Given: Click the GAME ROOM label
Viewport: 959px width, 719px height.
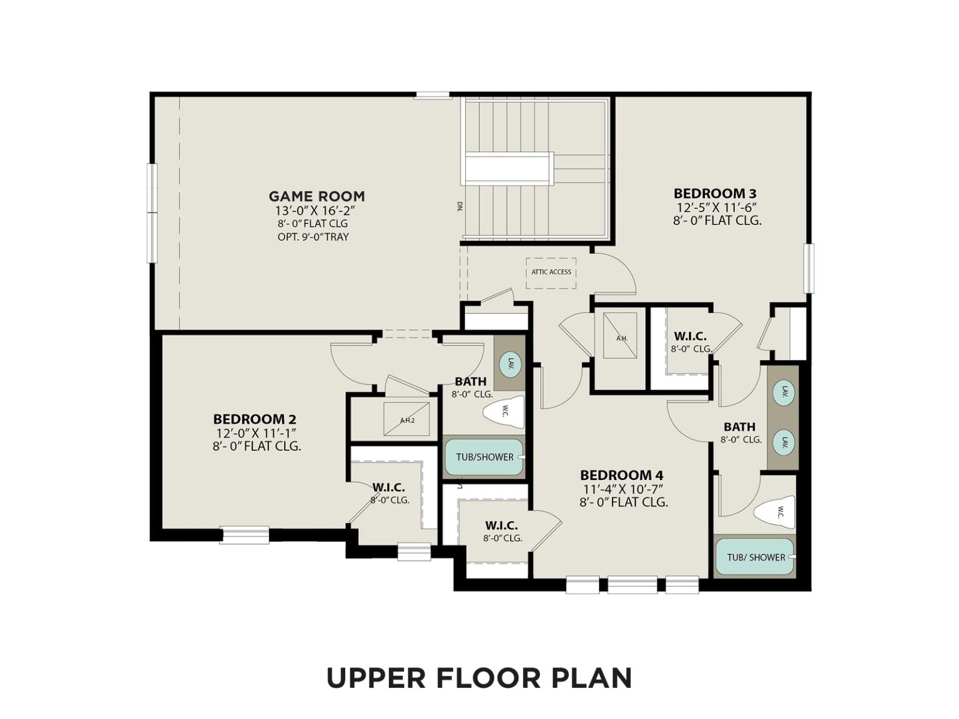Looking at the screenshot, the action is click(x=317, y=197).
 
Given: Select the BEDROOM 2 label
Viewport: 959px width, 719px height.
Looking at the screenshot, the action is click(x=255, y=419).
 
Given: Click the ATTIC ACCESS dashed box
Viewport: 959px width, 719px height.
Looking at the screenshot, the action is click(x=551, y=273).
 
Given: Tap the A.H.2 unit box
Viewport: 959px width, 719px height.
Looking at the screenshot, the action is click(x=406, y=419).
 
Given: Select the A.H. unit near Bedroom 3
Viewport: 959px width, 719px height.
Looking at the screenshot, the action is click(x=620, y=335).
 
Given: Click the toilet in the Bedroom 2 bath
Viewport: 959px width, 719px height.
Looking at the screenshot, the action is click(x=504, y=412).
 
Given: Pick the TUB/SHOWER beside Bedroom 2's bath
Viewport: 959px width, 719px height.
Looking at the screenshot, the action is click(x=484, y=457).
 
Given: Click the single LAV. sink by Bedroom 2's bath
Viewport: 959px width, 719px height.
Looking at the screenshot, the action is click(x=510, y=364).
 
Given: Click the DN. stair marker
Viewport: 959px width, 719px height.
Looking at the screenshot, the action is click(x=459, y=207).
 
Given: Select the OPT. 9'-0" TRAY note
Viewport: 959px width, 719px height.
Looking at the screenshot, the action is click(x=313, y=237).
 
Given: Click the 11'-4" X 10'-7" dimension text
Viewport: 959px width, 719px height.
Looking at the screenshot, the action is click(x=623, y=489).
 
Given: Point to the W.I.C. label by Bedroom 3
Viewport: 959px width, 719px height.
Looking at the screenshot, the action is click(x=690, y=336).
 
